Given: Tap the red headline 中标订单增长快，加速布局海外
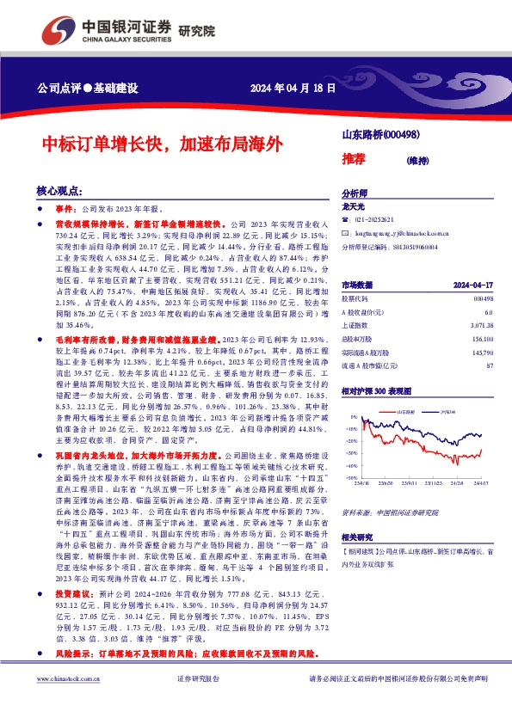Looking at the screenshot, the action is pos(161,143).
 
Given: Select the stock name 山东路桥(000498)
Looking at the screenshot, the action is pos(380,134).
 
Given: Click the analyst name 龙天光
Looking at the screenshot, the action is pos(354,207).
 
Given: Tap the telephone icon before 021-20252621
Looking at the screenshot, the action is pos(345,220).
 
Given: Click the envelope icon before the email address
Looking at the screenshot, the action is pos(345,233).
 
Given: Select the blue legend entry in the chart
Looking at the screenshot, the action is pos(444,412).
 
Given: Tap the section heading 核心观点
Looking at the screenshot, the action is pos(59,190).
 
